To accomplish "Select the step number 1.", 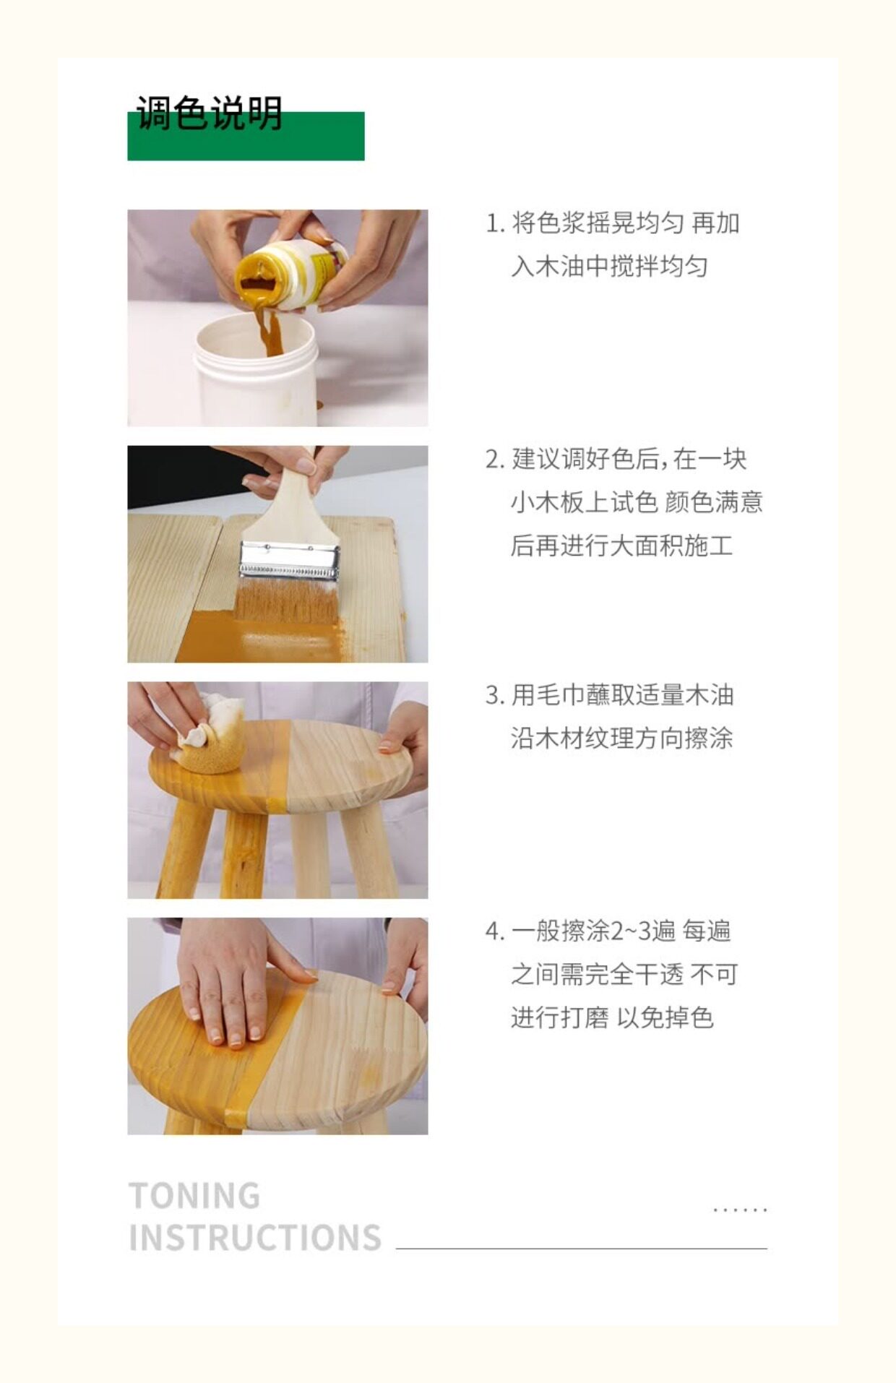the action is (x=494, y=223).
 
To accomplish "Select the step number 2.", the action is (x=494, y=460).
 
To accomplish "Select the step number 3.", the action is (x=494, y=696).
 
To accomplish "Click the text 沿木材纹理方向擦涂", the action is (x=621, y=738).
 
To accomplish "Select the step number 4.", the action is (x=494, y=931).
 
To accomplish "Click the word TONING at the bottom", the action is (x=194, y=1196).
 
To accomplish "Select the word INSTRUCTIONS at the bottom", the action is (x=255, y=1238).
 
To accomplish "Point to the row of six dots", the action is (x=740, y=1210).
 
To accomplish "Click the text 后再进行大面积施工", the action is (x=621, y=546).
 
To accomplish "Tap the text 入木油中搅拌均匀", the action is (x=609, y=267).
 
